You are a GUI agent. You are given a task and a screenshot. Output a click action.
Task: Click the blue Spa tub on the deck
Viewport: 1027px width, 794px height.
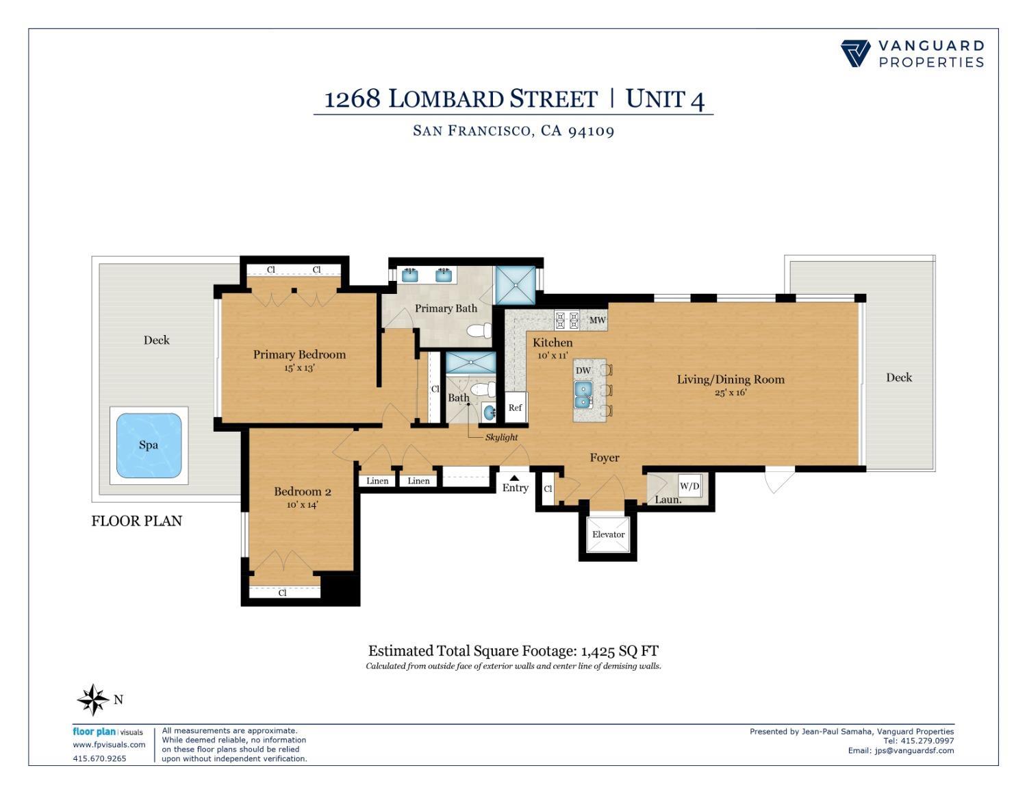pyautogui.click(x=149, y=445)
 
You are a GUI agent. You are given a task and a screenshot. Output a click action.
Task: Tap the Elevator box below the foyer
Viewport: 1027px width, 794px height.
pyautogui.click(x=608, y=534)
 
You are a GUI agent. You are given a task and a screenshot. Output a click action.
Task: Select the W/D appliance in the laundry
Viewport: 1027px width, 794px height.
pyautogui.click(x=689, y=486)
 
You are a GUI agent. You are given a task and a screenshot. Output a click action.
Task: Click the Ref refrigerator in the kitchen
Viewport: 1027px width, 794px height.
pyautogui.click(x=515, y=408)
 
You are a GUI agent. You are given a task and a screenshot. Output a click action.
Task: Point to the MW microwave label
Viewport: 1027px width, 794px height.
pyautogui.click(x=597, y=320)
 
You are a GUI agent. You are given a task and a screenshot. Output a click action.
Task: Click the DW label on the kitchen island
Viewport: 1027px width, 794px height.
pyautogui.click(x=583, y=371)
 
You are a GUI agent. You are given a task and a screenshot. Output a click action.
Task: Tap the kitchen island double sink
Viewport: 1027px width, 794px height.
pyautogui.click(x=583, y=394)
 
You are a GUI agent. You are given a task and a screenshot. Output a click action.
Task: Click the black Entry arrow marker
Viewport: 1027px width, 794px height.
pyautogui.click(x=514, y=478)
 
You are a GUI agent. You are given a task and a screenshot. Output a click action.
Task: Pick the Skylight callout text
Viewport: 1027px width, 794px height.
pyautogui.click(x=501, y=437)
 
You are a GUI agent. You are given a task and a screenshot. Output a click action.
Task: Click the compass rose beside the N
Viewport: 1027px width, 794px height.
pyautogui.click(x=92, y=699)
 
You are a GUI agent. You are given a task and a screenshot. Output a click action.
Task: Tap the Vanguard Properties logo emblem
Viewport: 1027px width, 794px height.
pyautogui.click(x=855, y=53)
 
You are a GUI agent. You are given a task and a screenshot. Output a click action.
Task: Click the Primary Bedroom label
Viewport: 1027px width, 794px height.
pyautogui.click(x=299, y=354)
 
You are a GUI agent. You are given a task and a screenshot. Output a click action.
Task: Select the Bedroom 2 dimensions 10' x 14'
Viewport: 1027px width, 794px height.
pyautogui.click(x=302, y=505)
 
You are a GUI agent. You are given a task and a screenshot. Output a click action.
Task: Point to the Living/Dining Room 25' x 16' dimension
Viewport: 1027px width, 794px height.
pyautogui.click(x=731, y=393)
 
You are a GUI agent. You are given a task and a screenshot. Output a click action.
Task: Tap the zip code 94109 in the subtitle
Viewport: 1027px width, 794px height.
pyautogui.click(x=591, y=131)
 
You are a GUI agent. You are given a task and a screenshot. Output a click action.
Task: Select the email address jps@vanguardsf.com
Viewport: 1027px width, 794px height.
pyautogui.click(x=914, y=750)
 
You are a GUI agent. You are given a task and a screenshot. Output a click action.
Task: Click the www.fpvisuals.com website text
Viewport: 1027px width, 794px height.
pyautogui.click(x=109, y=745)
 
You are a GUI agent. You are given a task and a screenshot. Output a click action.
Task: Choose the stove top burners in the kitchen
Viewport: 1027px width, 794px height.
pyautogui.click(x=567, y=320)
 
